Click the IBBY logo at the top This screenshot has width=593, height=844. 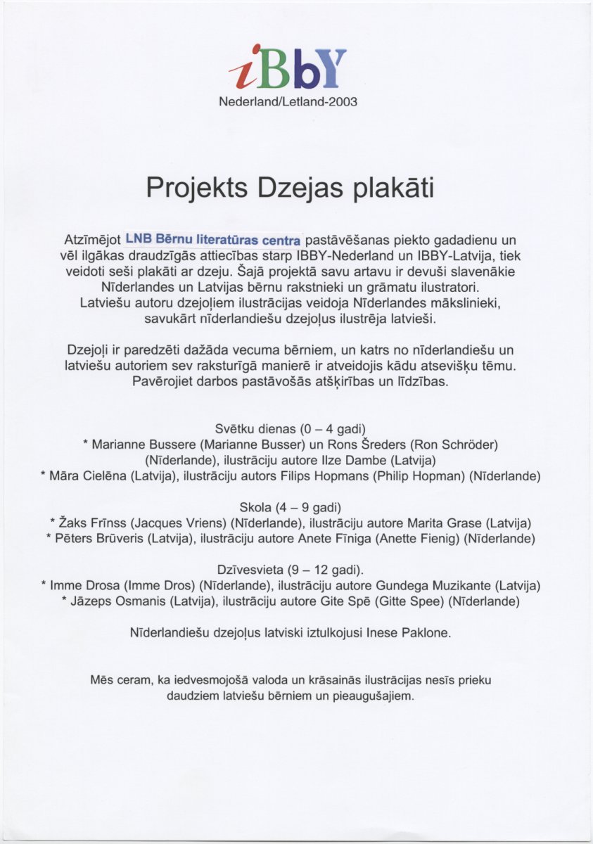pyautogui.click(x=288, y=68)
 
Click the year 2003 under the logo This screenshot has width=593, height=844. pyautogui.click(x=343, y=102)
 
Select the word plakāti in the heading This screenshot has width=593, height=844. pyautogui.click(x=393, y=188)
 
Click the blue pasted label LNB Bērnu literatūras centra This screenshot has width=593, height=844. pyautogui.click(x=213, y=239)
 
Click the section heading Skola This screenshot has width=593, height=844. pyautogui.click(x=255, y=507)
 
